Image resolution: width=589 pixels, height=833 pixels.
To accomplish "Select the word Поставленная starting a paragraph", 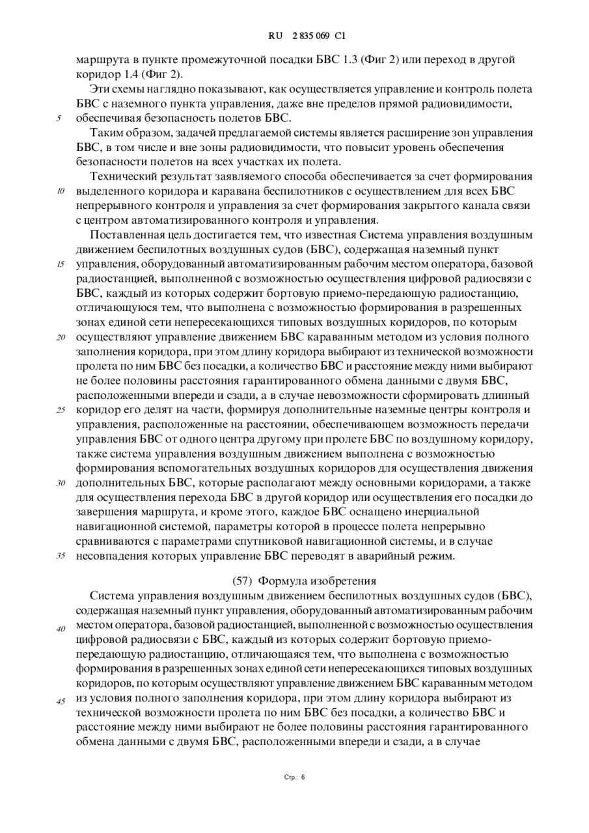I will pos(128,235).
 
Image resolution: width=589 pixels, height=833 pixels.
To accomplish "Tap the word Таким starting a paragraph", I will pos(105,133).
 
